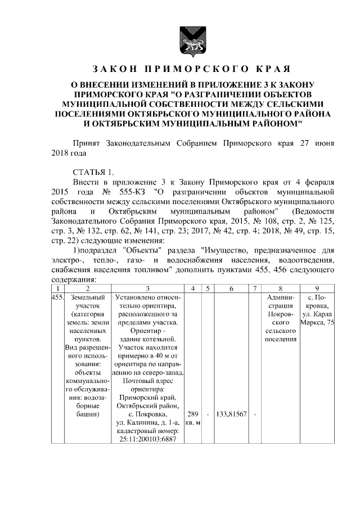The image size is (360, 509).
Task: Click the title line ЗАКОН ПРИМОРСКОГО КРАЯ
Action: point(190,70)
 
